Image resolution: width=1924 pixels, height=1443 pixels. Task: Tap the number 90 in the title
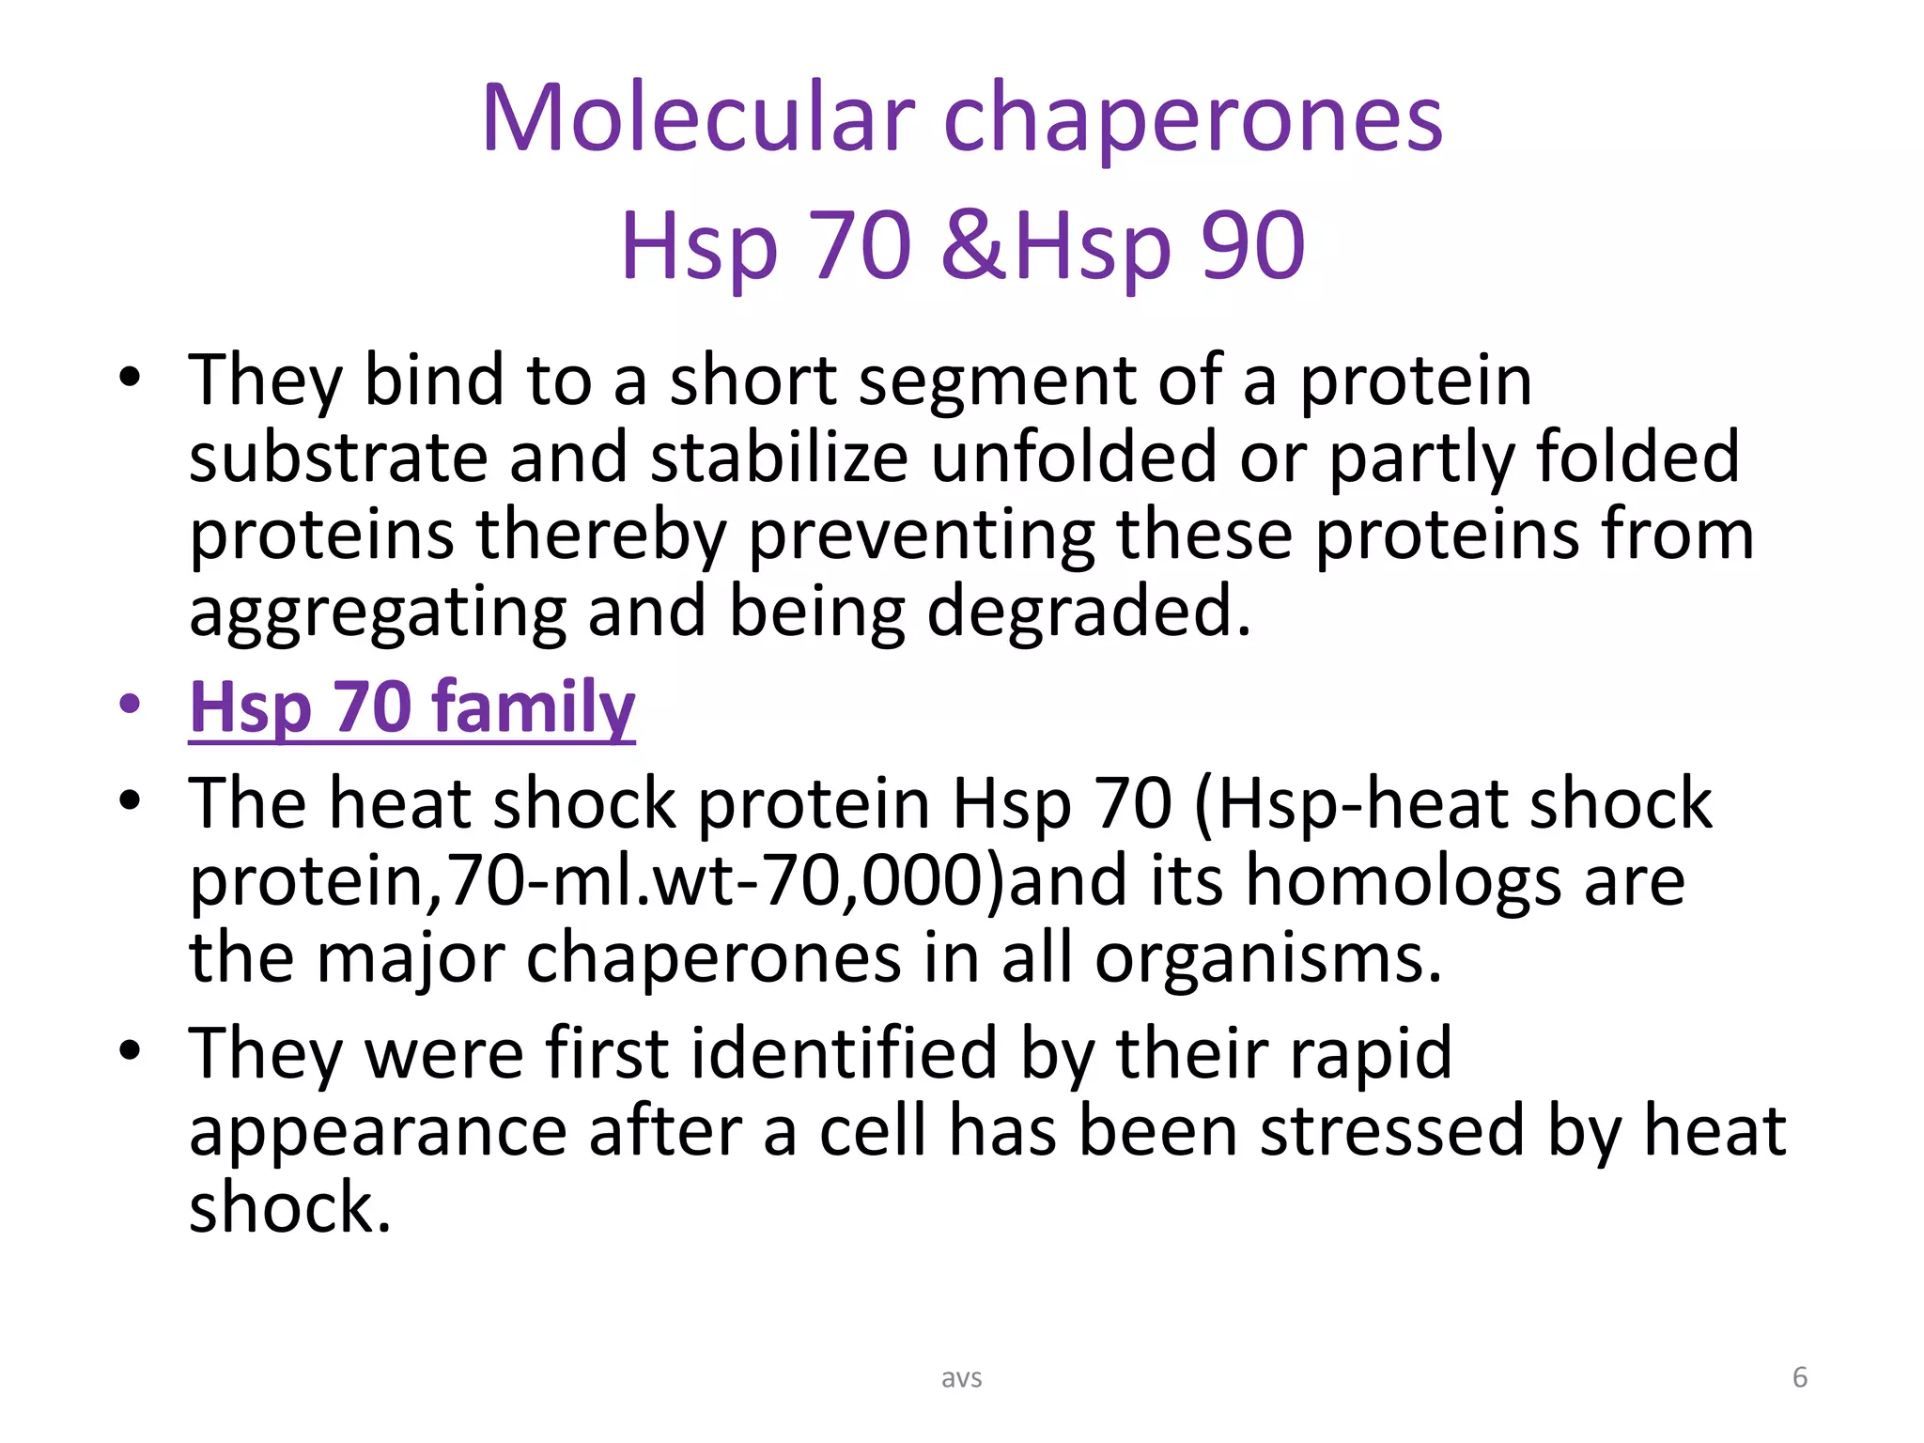1253,245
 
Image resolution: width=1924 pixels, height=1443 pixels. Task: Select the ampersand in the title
974,245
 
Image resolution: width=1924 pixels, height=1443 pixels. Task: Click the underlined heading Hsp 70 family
411,706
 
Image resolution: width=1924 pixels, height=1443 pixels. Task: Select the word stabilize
779,458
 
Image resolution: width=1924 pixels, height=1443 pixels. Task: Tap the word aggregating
378,613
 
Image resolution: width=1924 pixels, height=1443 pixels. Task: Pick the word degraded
1089,611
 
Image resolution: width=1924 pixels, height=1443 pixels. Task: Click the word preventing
922,535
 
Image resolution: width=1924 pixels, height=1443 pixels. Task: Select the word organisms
1268,958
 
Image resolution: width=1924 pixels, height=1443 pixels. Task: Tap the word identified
844,1053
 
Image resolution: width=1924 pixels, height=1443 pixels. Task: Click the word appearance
378,1132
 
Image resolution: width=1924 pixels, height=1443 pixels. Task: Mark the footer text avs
961,1378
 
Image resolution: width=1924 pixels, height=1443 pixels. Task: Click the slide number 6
1799,1377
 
